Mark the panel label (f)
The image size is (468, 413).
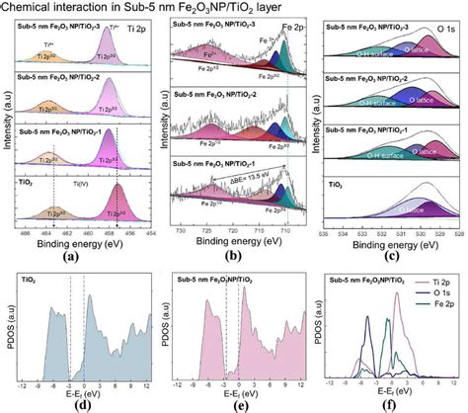click(x=392, y=403)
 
